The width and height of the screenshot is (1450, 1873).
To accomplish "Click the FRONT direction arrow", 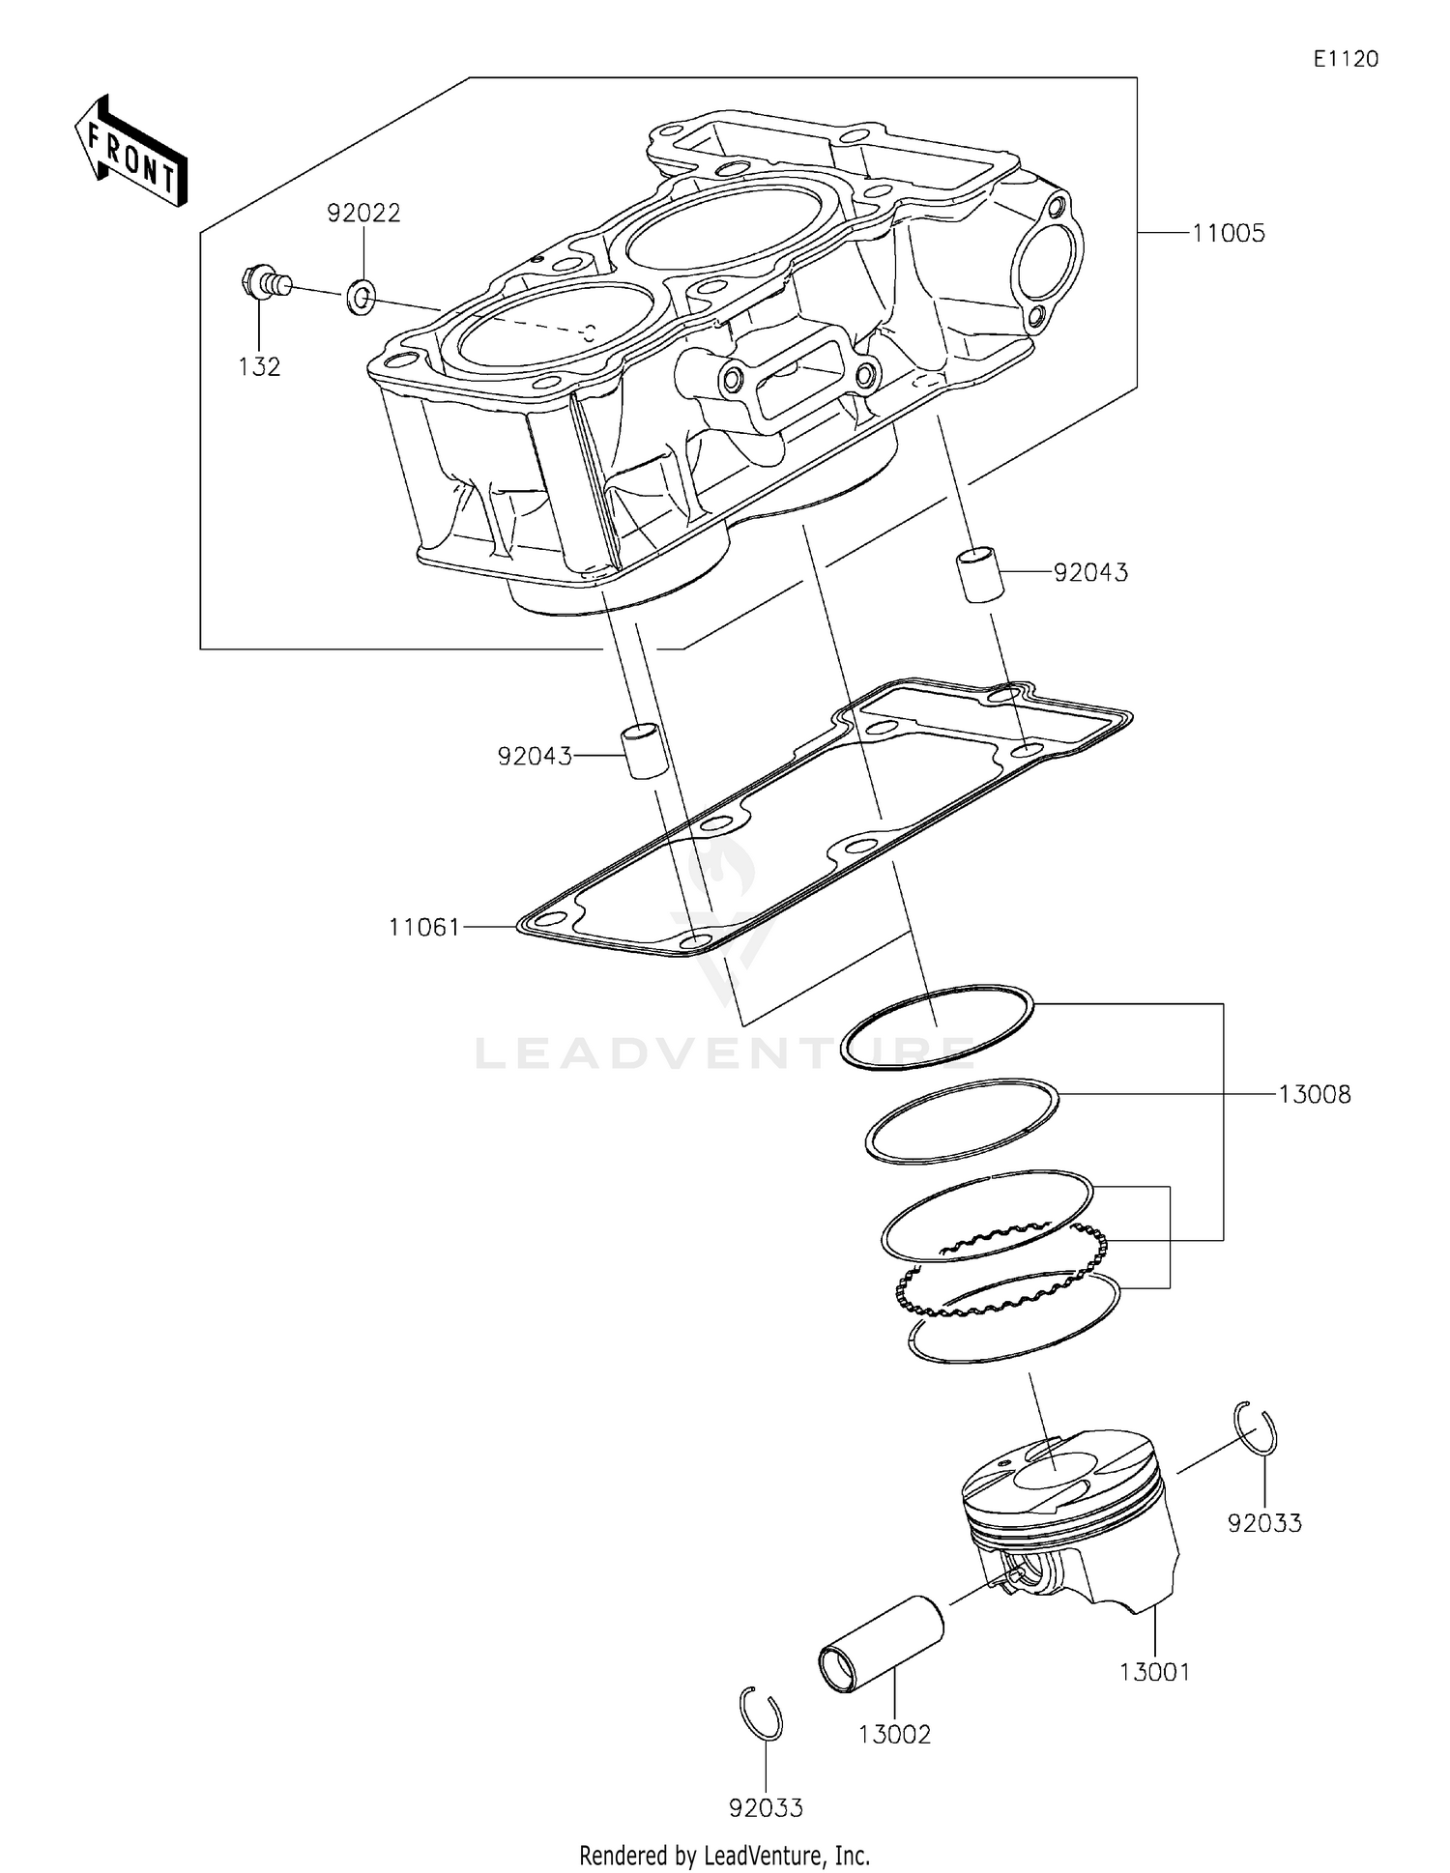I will (130, 153).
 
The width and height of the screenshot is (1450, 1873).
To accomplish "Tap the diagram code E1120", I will (1345, 59).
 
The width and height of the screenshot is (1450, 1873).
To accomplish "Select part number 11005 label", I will (1228, 233).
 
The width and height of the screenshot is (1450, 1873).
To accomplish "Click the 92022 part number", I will (363, 214).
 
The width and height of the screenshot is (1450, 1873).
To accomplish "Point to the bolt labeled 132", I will (262, 283).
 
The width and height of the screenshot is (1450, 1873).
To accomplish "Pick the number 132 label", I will (260, 366).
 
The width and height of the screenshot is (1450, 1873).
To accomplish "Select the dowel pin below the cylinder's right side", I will (979, 576).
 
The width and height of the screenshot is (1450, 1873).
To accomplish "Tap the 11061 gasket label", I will (424, 928).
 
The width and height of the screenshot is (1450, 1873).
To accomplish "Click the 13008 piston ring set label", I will (1314, 1094).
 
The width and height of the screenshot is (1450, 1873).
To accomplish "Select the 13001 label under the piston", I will (1155, 1671).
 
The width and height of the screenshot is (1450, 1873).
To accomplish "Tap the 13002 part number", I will (894, 1734).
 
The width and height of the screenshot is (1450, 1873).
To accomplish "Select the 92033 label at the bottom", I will (767, 1807).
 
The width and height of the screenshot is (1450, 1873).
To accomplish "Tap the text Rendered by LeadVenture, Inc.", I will (724, 1855).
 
